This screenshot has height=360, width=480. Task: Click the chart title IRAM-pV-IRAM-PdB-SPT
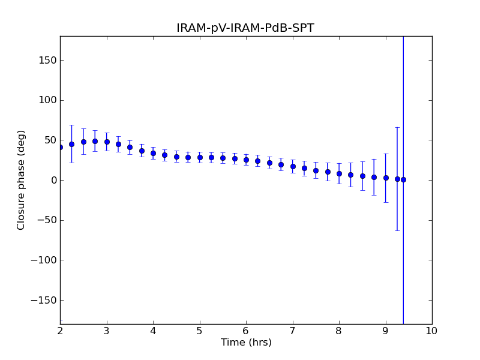(245, 28)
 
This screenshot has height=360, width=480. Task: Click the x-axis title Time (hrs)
(246, 343)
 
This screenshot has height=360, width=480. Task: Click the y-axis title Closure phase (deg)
(22, 180)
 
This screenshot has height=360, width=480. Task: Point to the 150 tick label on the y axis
(49, 60)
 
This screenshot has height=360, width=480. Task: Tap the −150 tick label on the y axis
(45, 300)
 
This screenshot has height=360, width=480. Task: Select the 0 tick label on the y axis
(53, 180)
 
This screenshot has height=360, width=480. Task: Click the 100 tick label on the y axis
(49, 100)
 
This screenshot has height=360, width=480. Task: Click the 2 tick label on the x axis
(60, 331)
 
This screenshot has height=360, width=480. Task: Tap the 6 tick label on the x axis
(246, 331)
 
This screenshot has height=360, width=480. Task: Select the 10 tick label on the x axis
(431, 331)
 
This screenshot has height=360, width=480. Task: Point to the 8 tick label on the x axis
(339, 331)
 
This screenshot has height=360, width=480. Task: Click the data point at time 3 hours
(107, 142)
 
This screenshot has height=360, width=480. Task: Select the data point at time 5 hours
(200, 157)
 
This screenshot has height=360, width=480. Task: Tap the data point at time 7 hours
(293, 166)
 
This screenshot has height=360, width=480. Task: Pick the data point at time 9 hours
(386, 178)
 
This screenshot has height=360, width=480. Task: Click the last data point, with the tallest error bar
(403, 179)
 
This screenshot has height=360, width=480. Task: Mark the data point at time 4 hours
(153, 153)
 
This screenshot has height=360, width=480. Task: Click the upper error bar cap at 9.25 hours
(397, 127)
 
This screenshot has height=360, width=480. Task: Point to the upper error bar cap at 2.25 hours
(71, 125)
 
